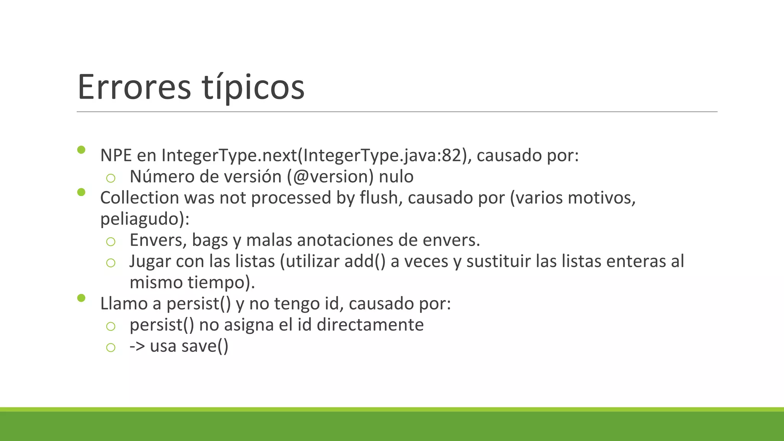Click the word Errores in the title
coord(134,87)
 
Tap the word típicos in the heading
coord(253,87)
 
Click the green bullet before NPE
coord(81,150)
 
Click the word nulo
coord(396,176)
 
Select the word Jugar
coord(150,261)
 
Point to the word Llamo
coord(124,304)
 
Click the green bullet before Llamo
coord(81,298)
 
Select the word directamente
coord(370,325)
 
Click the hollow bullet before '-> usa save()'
coord(111,348)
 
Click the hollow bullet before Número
coord(111,178)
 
